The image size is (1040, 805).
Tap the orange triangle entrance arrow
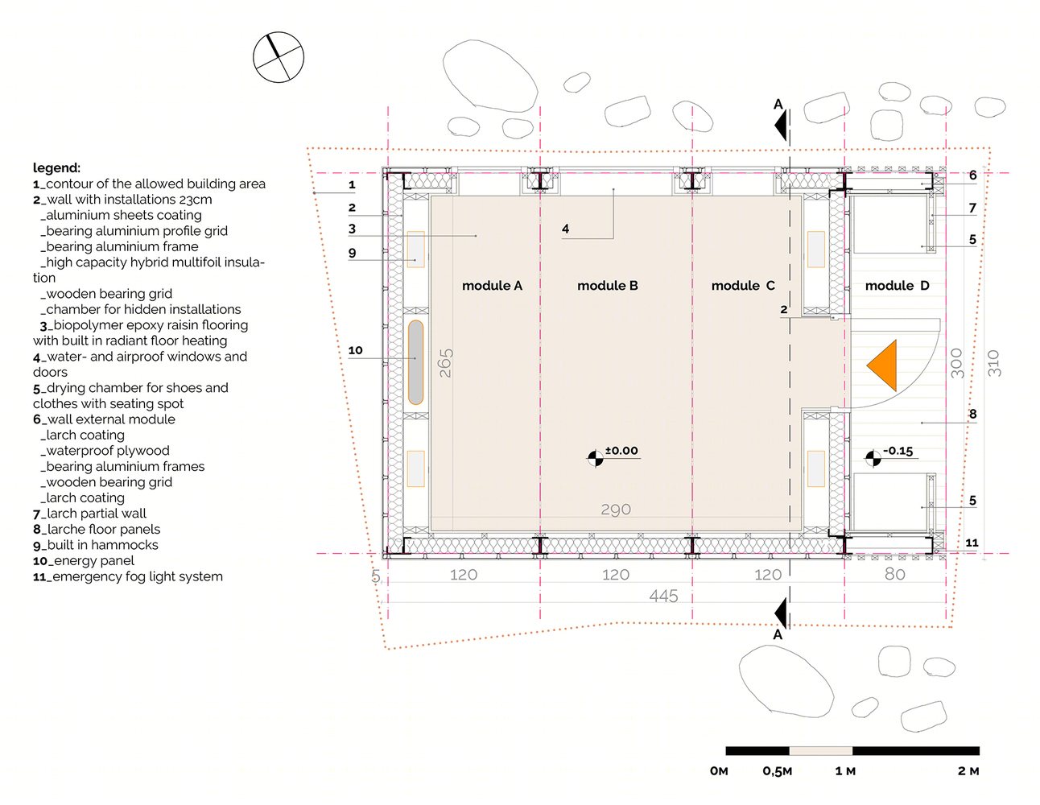[881, 365]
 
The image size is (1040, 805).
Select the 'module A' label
[492, 286]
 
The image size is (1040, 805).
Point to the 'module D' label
[897, 286]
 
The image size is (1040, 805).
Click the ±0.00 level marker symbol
[596, 459]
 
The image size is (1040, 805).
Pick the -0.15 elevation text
[898, 451]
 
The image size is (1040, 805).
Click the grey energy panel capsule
[415, 362]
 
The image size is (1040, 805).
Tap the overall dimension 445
[663, 596]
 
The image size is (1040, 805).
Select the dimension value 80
[894, 574]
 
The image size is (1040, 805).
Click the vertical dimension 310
[993, 363]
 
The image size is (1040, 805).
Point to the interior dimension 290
[616, 510]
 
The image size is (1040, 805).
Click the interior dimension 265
[446, 363]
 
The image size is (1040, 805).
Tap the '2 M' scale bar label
[968, 771]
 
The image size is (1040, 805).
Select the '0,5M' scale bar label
[778, 771]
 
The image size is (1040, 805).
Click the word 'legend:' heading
[56, 168]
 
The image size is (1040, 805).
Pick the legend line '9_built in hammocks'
[95, 545]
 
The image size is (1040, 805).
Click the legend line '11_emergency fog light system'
[128, 576]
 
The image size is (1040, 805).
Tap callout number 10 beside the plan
[355, 350]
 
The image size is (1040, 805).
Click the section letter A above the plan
[778, 104]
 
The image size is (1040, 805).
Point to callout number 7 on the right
[972, 208]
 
